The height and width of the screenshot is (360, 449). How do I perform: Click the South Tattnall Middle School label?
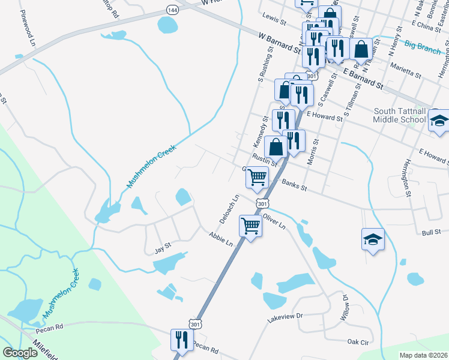400,115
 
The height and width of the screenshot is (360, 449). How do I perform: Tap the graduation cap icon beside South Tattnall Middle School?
439,121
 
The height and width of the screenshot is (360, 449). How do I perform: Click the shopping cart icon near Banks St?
258,177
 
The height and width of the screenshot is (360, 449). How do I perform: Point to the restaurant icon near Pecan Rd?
181,340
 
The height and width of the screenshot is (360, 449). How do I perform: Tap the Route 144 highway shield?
172,11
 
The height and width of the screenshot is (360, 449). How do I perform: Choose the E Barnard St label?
363,79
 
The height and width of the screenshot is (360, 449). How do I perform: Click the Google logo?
20,353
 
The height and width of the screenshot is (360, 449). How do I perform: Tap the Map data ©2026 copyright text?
424,355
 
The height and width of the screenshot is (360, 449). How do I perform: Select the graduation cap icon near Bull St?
373,239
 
